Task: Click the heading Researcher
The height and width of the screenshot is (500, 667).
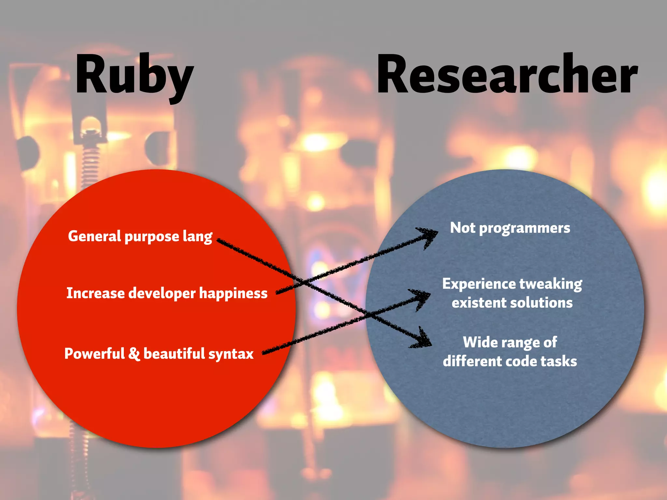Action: [x=507, y=75]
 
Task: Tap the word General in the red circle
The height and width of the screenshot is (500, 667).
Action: [x=94, y=236]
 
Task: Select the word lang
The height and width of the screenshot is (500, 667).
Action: [x=197, y=237]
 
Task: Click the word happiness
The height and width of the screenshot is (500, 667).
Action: [x=233, y=294]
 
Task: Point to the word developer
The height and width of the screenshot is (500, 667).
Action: [x=162, y=294]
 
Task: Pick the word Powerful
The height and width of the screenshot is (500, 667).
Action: [x=94, y=354]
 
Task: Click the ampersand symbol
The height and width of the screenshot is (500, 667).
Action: [x=134, y=354]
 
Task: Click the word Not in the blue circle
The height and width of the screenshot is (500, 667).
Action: [x=463, y=228]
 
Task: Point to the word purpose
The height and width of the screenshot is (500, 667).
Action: [x=152, y=237]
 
